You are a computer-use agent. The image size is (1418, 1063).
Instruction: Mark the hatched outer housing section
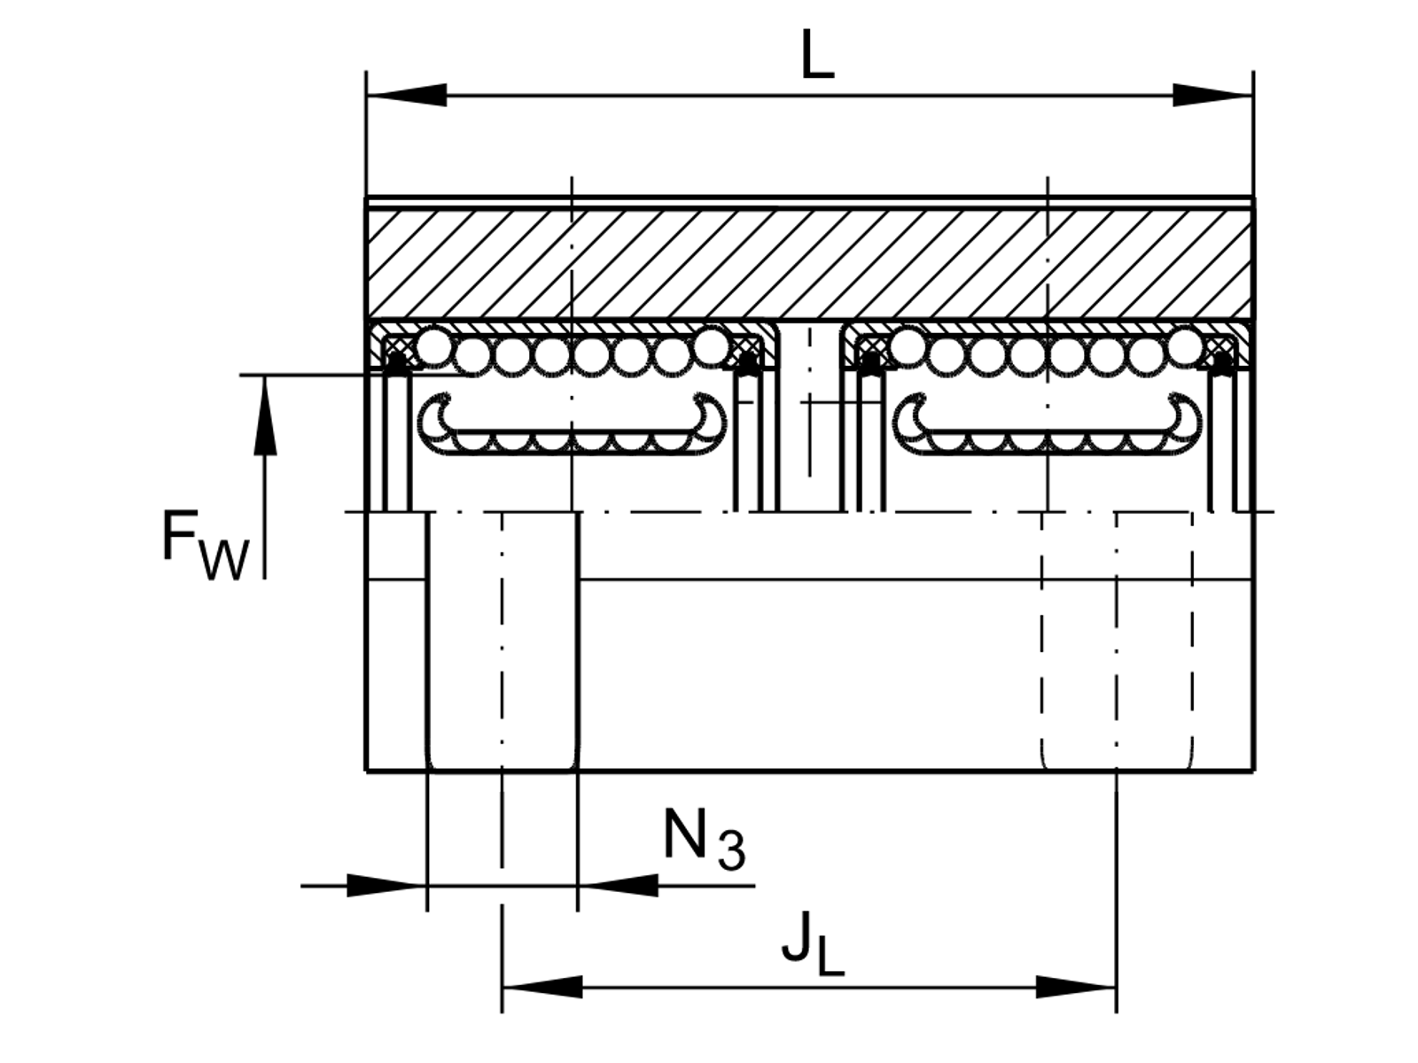point(810,263)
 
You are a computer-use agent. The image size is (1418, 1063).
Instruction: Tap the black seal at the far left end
point(396,364)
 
